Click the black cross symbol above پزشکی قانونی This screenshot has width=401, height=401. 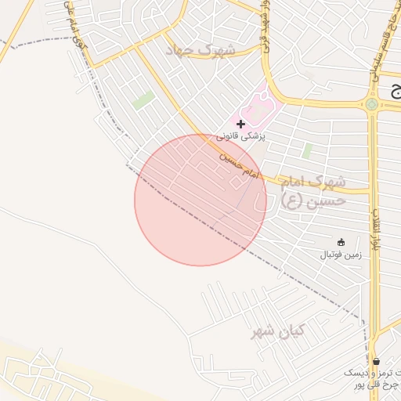(240, 124)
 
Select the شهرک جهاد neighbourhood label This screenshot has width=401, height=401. (200, 50)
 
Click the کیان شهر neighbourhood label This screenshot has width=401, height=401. (276, 332)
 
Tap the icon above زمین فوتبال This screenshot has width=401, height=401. (340, 241)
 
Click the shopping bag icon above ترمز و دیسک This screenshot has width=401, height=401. (377, 361)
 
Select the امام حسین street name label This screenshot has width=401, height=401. (237, 162)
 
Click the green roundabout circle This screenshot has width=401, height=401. (372, 104)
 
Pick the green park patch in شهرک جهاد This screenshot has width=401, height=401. (143, 100)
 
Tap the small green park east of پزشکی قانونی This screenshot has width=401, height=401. (307, 150)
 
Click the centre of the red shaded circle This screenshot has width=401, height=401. (200, 200)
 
